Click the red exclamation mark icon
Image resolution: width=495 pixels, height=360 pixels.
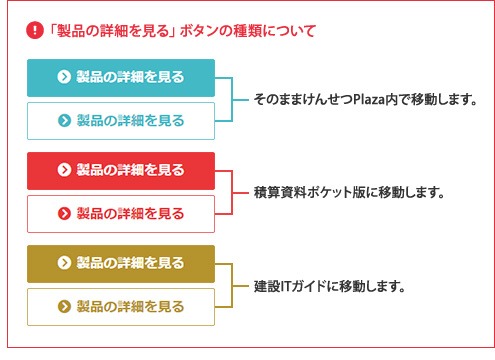pyautogui.click(x=34, y=30)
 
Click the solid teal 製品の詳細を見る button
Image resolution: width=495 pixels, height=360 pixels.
pyautogui.click(x=121, y=77)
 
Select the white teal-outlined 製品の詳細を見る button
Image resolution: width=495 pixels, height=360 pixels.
pyautogui.click(x=121, y=120)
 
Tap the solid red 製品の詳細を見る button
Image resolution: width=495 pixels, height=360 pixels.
pyautogui.click(x=121, y=170)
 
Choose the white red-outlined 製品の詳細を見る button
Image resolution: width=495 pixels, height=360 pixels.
pyautogui.click(x=121, y=213)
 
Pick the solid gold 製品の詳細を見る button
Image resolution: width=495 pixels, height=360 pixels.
pyautogui.click(x=121, y=263)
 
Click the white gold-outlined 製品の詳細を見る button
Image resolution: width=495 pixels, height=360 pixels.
pyautogui.click(x=121, y=306)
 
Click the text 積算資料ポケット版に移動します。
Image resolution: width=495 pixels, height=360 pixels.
pyautogui.click(x=347, y=192)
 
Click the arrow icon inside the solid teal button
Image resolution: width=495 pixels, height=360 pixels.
pyautogui.click(x=65, y=77)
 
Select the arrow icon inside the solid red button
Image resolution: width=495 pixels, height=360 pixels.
pyautogui.click(x=65, y=170)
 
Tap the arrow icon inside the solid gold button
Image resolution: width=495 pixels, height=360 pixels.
pyautogui.click(x=65, y=263)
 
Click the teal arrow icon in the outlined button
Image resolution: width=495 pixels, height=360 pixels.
pyautogui.click(x=65, y=120)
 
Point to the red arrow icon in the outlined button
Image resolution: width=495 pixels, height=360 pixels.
pyautogui.click(x=65, y=213)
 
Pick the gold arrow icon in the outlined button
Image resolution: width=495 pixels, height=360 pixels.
pyautogui.click(x=65, y=306)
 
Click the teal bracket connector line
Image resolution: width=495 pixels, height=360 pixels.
pyautogui.click(x=233, y=99)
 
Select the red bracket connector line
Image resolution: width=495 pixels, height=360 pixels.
pyautogui.click(x=233, y=192)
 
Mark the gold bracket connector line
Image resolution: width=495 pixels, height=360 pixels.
pyautogui.click(x=233, y=285)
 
